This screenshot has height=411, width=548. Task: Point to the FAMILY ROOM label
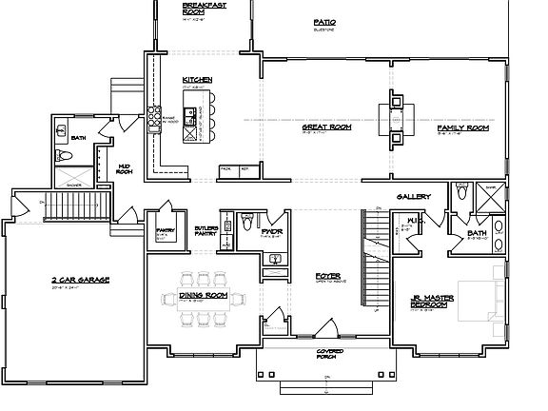click(462, 127)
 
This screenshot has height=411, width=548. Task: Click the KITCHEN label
click(198, 80)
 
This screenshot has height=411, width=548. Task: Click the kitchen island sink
click(191, 116)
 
